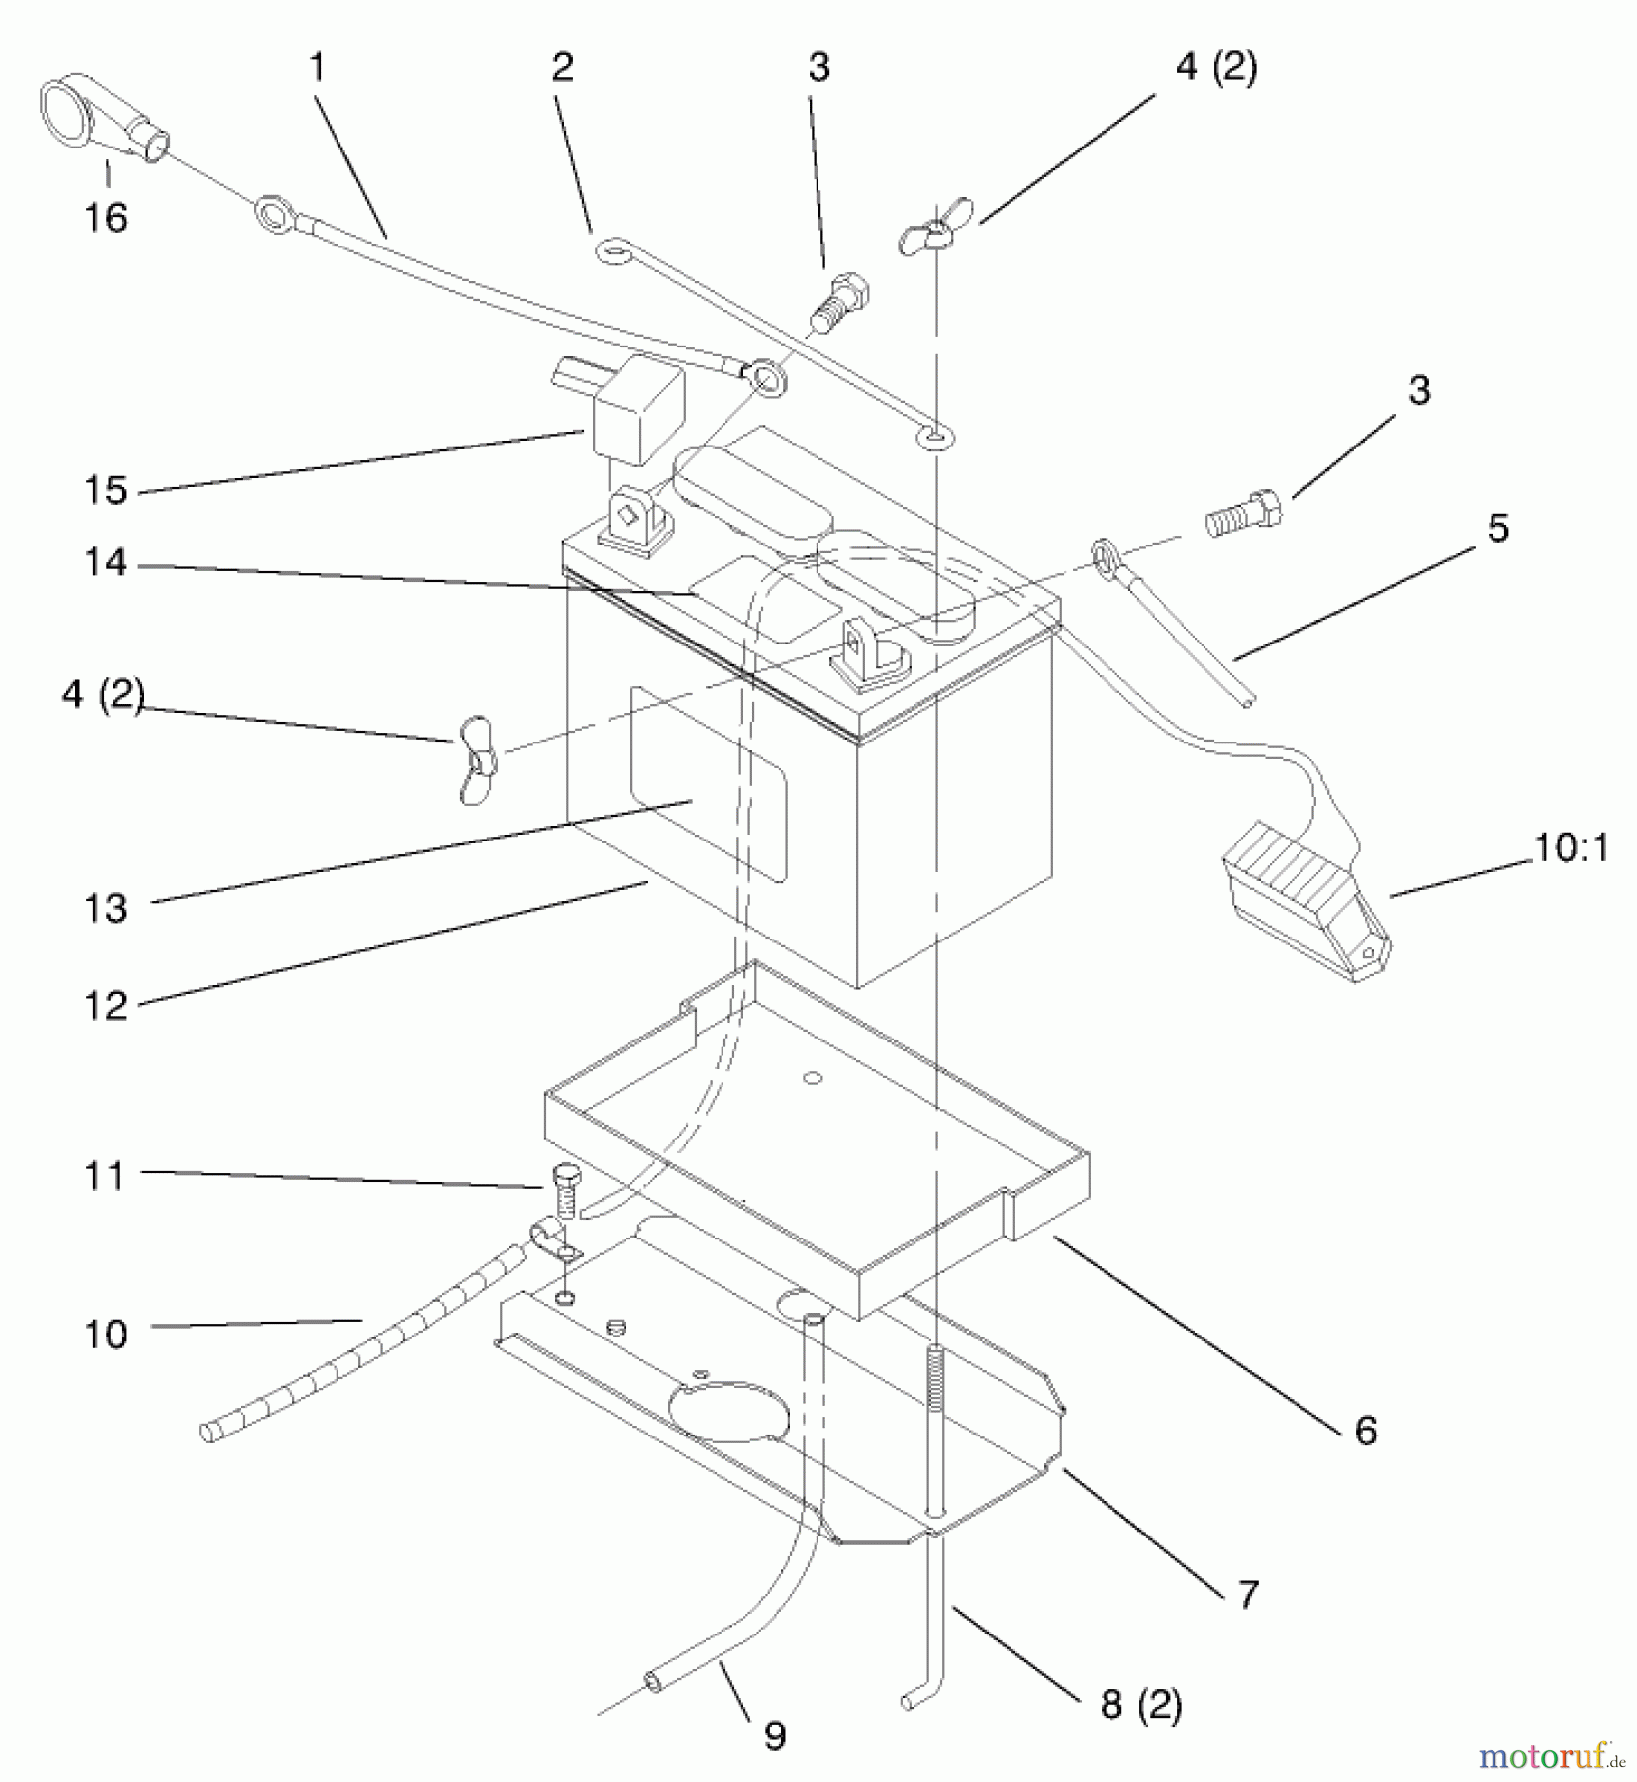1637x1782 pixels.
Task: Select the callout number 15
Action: click(x=106, y=490)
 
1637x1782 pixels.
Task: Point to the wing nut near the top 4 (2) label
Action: click(x=934, y=231)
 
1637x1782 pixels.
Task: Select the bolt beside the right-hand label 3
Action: click(x=1245, y=513)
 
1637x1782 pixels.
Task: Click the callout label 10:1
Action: click(x=1572, y=848)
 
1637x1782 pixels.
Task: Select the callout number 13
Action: click(x=106, y=908)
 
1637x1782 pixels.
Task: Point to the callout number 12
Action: click(x=106, y=1006)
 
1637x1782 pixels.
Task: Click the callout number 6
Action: click(x=1365, y=1430)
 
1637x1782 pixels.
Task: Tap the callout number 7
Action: click(x=1248, y=1594)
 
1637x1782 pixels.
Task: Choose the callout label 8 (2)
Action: click(x=1141, y=1704)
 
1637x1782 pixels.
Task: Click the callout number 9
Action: click(x=775, y=1734)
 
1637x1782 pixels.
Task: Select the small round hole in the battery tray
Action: click(x=815, y=1077)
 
